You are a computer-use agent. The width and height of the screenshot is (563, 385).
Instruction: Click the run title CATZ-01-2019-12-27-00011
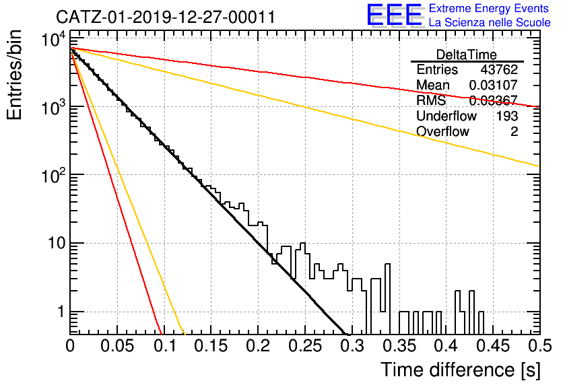click(166, 17)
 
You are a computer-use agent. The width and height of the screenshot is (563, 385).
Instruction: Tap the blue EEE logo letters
click(395, 15)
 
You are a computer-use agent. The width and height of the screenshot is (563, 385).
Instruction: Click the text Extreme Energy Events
click(489, 8)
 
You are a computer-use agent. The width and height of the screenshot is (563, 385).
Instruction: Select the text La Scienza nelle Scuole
click(490, 22)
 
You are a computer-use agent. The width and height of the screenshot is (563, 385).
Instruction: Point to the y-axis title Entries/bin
click(14, 75)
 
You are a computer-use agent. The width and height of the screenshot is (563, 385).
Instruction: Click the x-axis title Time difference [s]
click(461, 370)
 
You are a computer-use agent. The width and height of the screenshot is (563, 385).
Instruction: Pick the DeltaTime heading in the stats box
click(467, 55)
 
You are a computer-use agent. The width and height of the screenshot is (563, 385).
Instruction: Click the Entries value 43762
click(499, 69)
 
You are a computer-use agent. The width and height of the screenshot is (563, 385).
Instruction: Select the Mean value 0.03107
click(494, 85)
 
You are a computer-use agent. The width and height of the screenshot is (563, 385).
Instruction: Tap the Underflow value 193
click(507, 116)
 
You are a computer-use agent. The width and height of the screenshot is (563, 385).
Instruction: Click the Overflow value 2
click(514, 131)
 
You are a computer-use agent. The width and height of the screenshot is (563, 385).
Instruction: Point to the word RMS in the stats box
click(431, 100)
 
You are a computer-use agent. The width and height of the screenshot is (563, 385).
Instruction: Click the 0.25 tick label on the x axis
click(306, 346)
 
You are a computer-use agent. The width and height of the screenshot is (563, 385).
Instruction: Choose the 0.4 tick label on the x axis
click(447, 346)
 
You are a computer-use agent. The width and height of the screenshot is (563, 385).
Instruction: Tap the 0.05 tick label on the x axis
click(117, 346)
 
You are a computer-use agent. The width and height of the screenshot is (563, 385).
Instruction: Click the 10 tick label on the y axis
click(57, 243)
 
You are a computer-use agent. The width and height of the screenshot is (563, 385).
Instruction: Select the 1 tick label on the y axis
click(61, 312)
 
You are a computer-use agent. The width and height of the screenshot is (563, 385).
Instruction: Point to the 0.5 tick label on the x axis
click(539, 346)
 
